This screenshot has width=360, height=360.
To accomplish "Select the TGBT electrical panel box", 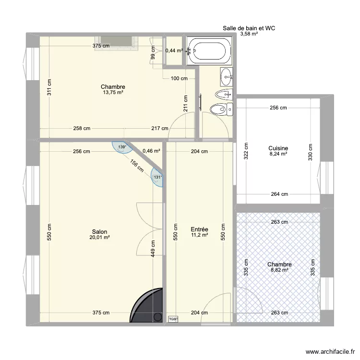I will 172,318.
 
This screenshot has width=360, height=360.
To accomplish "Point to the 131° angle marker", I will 157,177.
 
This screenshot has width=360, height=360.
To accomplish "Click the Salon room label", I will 99,231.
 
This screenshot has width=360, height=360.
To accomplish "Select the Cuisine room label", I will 278,149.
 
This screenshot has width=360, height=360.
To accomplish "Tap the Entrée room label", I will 199,229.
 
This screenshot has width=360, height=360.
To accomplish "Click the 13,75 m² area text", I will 113,93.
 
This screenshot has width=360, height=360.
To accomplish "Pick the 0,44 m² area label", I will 173,50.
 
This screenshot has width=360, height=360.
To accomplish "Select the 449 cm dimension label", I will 152,250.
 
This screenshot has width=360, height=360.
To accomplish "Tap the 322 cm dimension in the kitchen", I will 246,152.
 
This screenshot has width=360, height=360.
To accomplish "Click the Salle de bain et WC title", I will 248,28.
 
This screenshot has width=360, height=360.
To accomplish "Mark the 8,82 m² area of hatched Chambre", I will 279,270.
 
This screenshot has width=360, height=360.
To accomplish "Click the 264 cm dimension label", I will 279,194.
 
